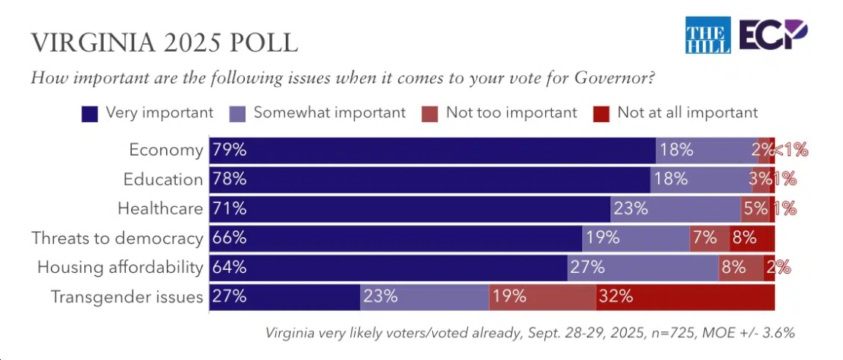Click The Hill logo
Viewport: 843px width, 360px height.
tap(707, 35)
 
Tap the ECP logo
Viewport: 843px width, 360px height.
tap(774, 35)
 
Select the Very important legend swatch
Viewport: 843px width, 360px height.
tap(91, 114)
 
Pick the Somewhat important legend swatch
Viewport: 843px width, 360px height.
tap(238, 114)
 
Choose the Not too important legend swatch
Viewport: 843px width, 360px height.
tap(431, 114)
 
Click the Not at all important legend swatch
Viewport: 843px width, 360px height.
tap(602, 114)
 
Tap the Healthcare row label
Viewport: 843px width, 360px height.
tap(160, 208)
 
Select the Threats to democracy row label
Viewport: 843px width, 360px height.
tap(117, 238)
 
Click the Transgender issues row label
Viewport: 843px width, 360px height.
tap(127, 296)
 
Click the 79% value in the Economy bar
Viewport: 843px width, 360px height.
tap(230, 150)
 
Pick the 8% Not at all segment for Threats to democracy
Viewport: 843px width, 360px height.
tap(752, 238)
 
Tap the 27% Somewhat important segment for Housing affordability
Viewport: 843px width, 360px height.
tap(643, 267)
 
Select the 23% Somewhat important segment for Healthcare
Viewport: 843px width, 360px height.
tap(675, 208)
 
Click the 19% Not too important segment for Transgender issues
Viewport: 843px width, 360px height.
tap(543, 296)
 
